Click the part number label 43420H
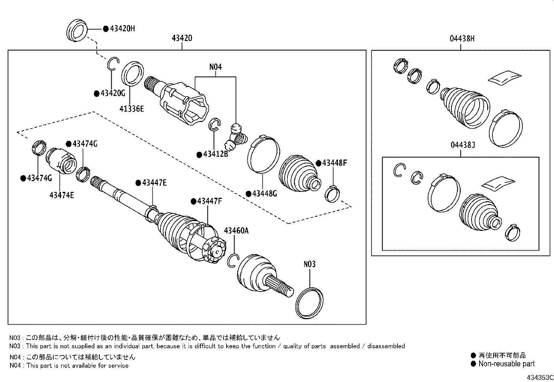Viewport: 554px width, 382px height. (x=122, y=29)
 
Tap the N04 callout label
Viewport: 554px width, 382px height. (x=215, y=67)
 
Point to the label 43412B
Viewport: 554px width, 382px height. (x=215, y=154)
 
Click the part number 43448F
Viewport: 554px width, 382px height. (x=334, y=163)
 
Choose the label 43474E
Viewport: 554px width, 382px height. (x=62, y=195)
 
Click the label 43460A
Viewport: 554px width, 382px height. (x=236, y=230)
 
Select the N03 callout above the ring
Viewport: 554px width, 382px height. (x=309, y=264)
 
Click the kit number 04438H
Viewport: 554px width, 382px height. (x=462, y=39)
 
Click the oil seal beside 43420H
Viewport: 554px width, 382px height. (x=77, y=31)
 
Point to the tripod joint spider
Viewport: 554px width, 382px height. (x=236, y=138)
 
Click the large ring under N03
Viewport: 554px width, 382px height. (x=309, y=302)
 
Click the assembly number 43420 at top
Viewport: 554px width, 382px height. (x=182, y=38)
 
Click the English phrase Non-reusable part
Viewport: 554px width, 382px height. (x=506, y=364)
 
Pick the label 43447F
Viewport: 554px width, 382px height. (x=209, y=201)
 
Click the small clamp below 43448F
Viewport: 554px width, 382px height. (x=332, y=193)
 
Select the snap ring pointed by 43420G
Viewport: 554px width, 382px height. (x=113, y=64)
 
